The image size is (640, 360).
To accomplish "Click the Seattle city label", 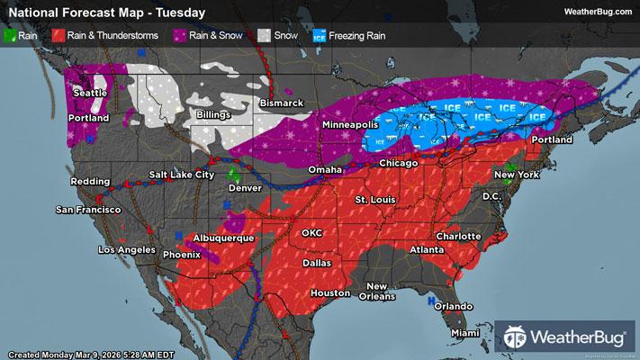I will coord(88,92).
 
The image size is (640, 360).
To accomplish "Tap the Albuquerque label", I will coord(225,238).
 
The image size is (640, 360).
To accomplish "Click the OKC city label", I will coord(311,232).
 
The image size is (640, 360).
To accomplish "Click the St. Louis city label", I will coord(374,198).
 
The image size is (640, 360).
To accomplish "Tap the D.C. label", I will coord(491,195).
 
